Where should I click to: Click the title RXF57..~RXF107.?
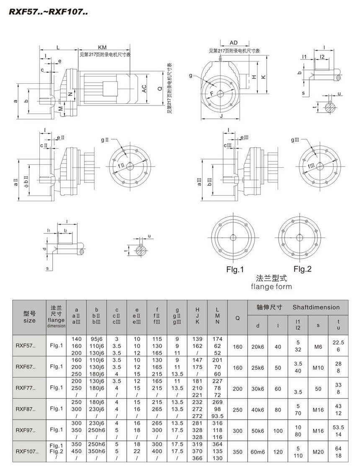click(48, 13)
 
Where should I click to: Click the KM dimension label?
click(101, 47)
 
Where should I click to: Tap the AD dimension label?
click(234, 43)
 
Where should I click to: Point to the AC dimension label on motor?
click(144, 88)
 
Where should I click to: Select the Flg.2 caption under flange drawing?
click(302, 269)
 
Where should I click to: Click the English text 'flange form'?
click(271, 287)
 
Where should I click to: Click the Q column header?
click(237, 318)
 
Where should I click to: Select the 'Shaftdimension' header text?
click(316, 307)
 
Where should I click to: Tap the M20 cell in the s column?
click(318, 451)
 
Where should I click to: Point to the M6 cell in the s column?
click(318, 346)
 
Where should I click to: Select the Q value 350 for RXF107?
click(237, 451)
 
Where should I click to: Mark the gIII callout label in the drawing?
click(295, 140)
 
